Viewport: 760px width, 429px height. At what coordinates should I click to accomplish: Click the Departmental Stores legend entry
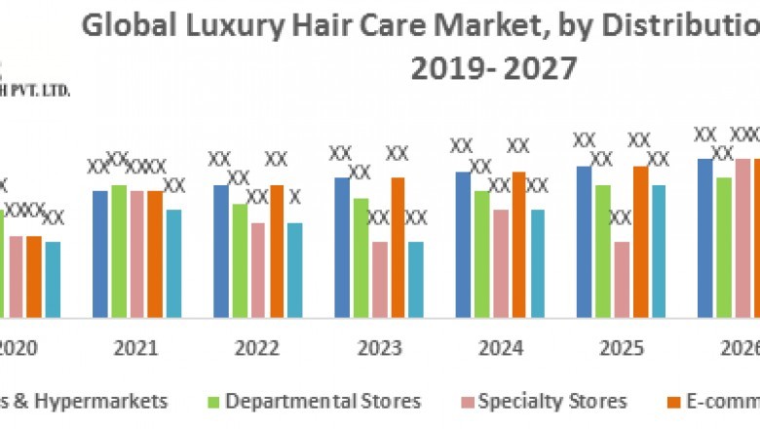coord(323,401)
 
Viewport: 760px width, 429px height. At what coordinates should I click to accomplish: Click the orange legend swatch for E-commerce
coord(673,402)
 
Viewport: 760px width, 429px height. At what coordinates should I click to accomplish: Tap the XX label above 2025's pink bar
coord(621,216)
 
